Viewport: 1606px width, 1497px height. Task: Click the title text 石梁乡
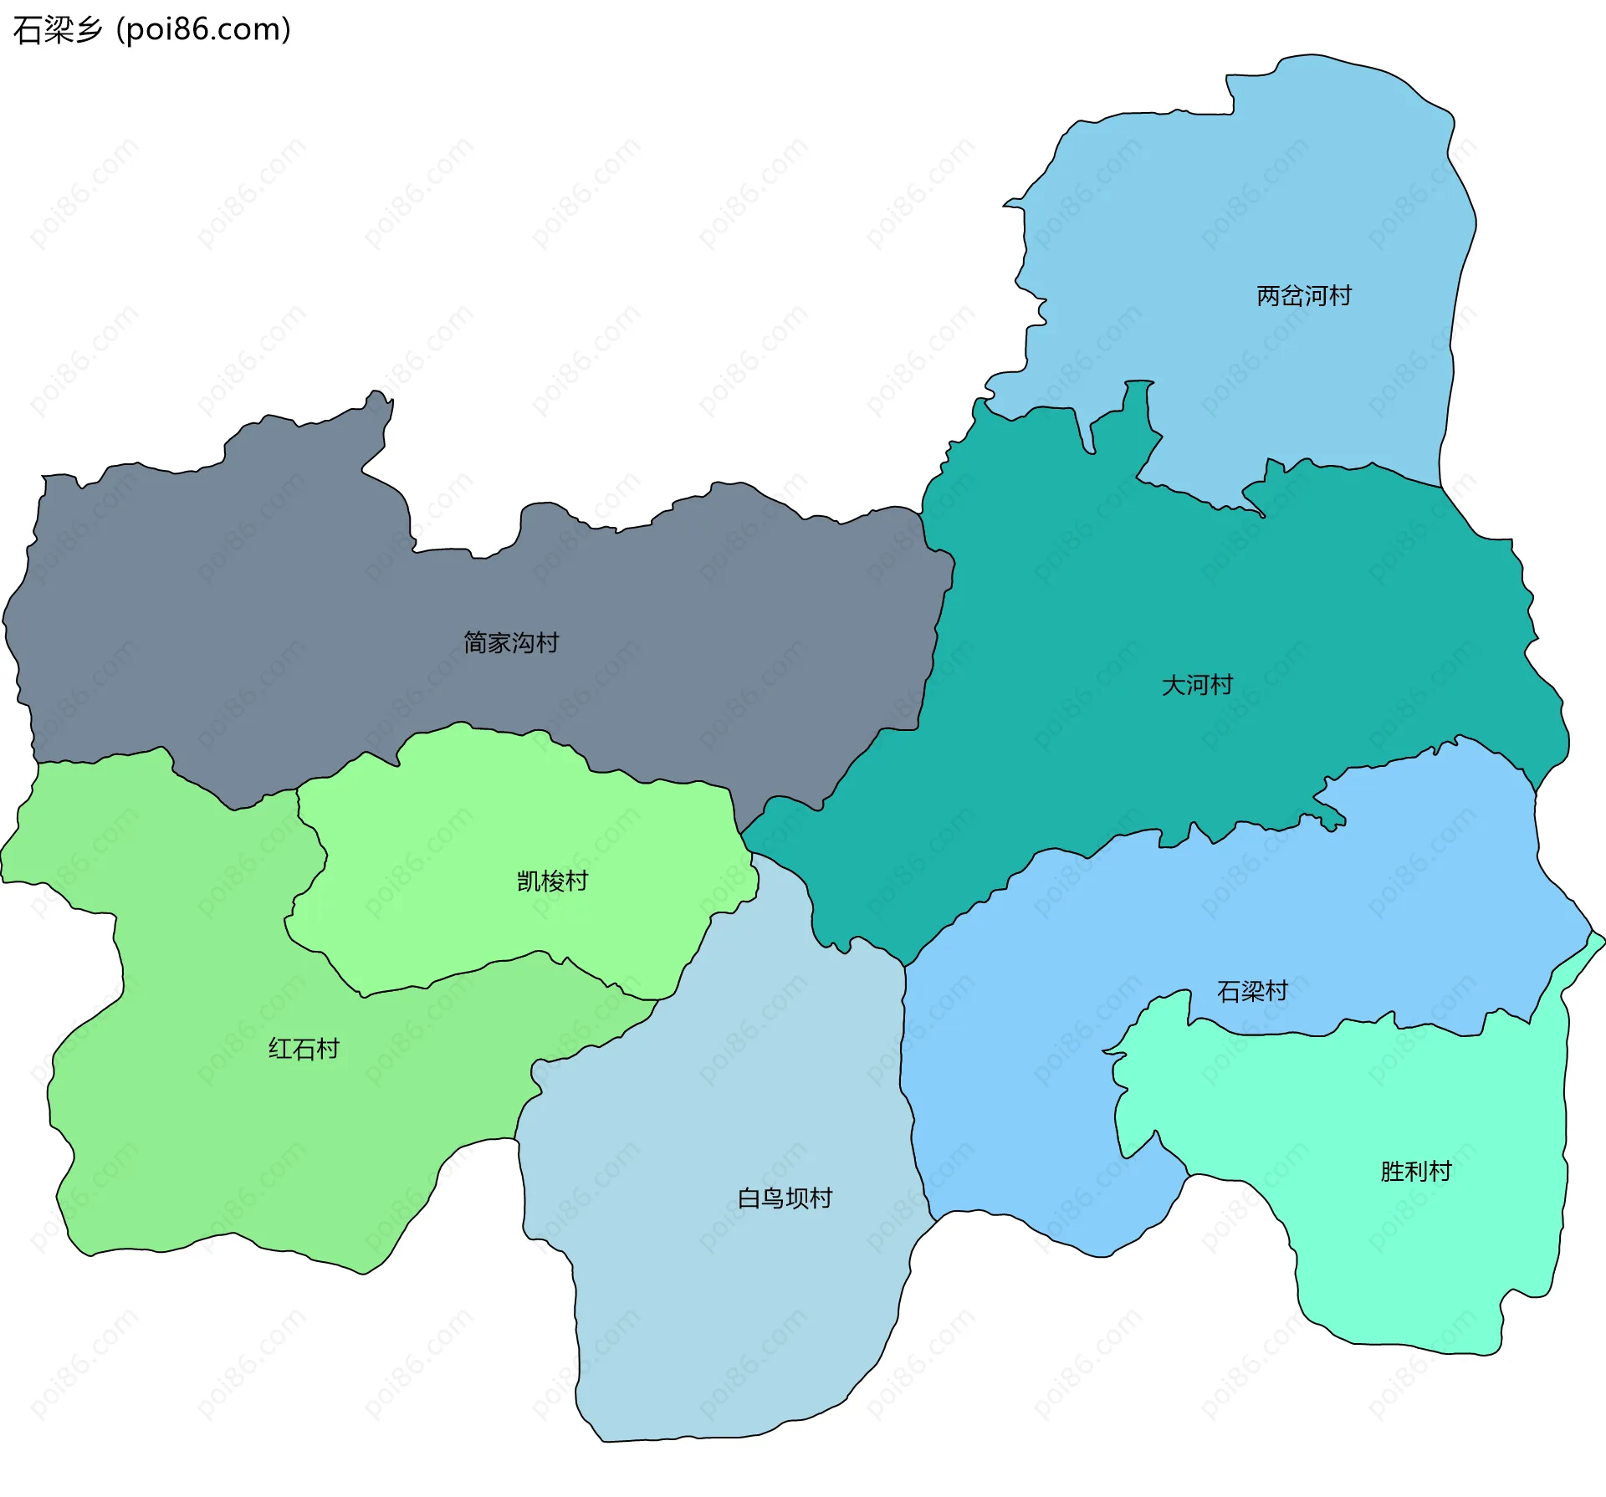click(57, 30)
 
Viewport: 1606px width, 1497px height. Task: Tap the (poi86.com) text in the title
click(203, 30)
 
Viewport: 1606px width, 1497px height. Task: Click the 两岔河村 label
click(1303, 296)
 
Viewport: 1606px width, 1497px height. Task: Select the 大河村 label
click(1197, 686)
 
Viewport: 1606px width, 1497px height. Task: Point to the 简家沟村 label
click(510, 643)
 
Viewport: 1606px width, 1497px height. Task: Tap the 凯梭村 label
click(552, 881)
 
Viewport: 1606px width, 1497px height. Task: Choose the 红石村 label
click(304, 1050)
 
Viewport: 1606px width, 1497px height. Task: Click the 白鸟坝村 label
click(785, 1199)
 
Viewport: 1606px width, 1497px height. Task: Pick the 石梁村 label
click(1252, 992)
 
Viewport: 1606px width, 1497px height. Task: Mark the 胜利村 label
click(1415, 1172)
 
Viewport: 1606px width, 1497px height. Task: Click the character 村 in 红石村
click(328, 1050)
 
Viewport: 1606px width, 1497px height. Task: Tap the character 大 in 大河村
click(1174, 686)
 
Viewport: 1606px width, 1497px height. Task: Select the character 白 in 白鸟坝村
click(749, 1199)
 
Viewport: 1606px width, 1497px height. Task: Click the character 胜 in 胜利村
click(1392, 1172)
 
